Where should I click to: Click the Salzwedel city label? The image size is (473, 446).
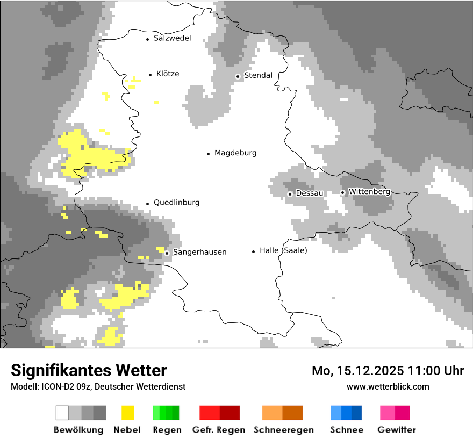tap(172, 38)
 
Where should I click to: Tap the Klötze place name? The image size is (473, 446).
tap(168, 74)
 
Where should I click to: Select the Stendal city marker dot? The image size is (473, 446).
tap(238, 76)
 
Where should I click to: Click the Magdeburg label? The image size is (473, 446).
tap(235, 153)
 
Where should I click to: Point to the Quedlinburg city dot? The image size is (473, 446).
tap(147, 204)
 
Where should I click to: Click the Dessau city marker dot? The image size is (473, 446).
tap(290, 193)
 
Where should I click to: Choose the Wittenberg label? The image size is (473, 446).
tap(369, 191)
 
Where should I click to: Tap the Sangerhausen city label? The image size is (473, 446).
tap(199, 252)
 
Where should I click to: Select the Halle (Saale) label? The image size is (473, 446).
tap(283, 250)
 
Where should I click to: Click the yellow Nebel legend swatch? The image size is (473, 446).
tap(128, 413)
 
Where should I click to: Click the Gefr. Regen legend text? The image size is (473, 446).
tap(219, 430)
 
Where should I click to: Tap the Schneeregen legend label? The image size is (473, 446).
tap(283, 430)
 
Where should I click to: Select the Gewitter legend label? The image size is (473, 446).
tap(396, 430)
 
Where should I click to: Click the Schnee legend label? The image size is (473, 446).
tap(347, 430)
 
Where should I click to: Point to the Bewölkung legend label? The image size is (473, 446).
tap(78, 430)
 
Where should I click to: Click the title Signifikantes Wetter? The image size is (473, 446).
tap(89, 370)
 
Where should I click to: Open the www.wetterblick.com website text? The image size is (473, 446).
tap(388, 386)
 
